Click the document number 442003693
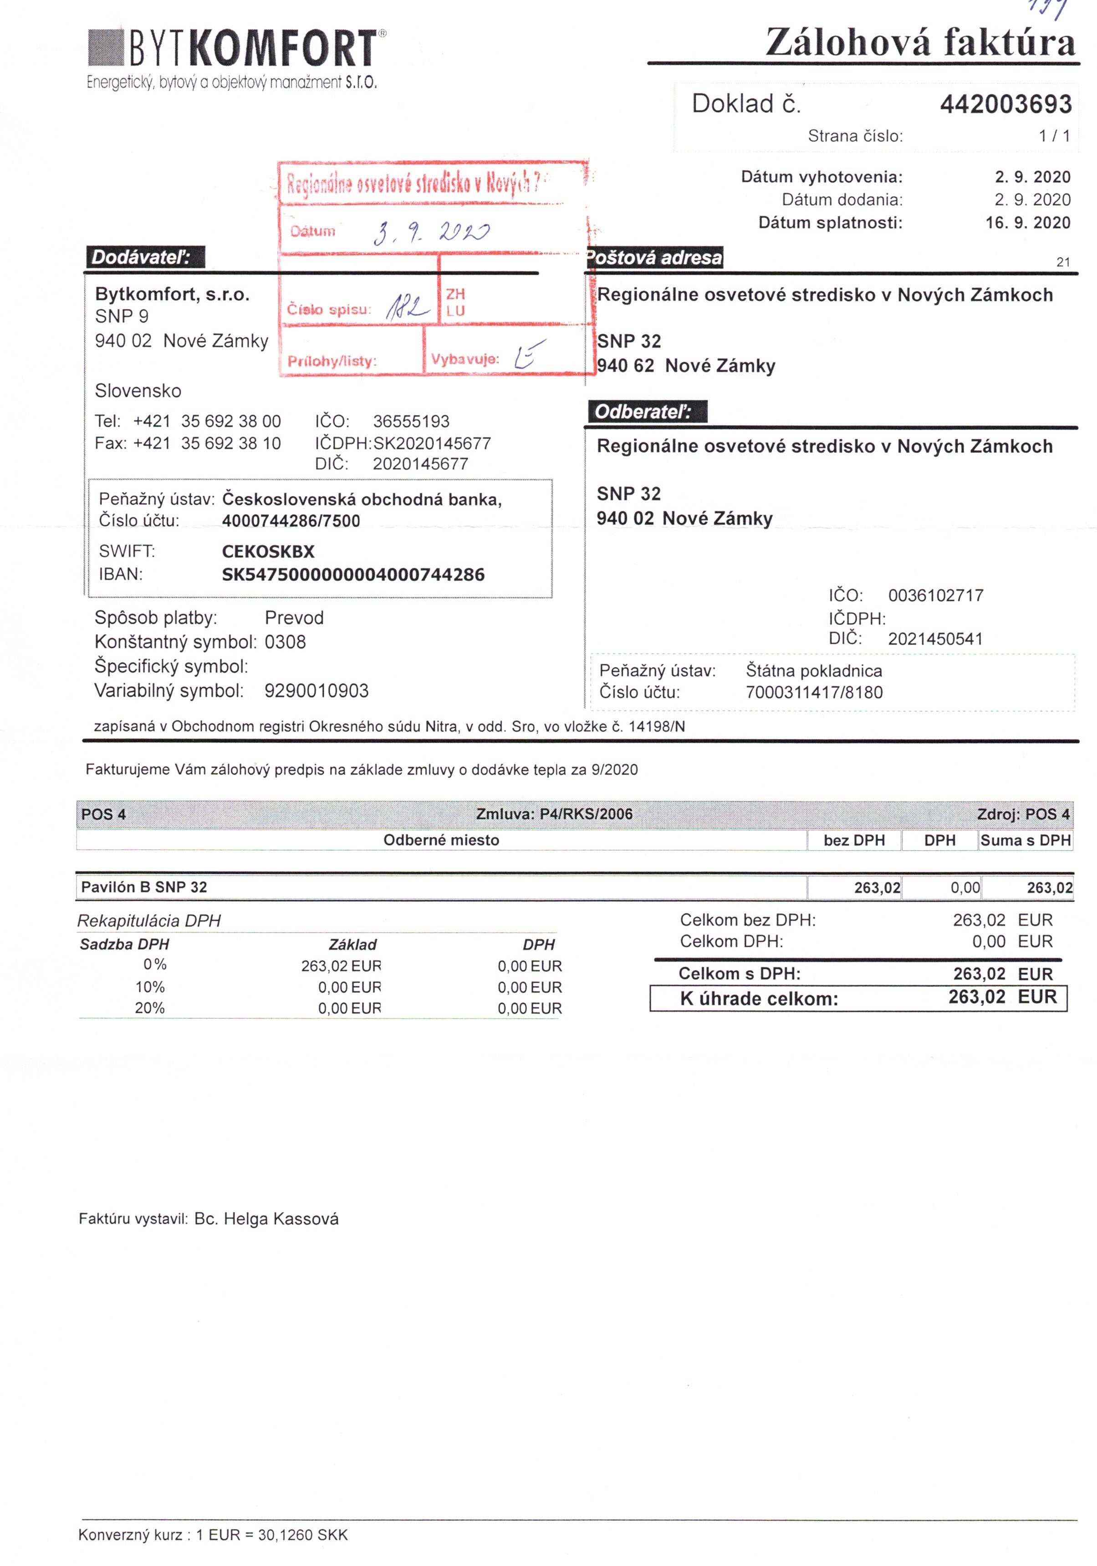[x=1005, y=104]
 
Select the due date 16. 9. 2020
[x=1027, y=222]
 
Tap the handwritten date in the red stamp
[x=431, y=233]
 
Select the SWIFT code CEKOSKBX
[x=268, y=551]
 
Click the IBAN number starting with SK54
[x=353, y=574]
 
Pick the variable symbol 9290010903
[x=316, y=690]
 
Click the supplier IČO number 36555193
[x=411, y=421]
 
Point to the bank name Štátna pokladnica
[x=813, y=671]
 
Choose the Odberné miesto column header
[x=441, y=840]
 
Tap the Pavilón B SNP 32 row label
[x=144, y=887]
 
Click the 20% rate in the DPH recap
[x=150, y=1007]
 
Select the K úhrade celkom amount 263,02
[x=976, y=997]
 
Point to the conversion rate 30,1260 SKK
[x=303, y=1535]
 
